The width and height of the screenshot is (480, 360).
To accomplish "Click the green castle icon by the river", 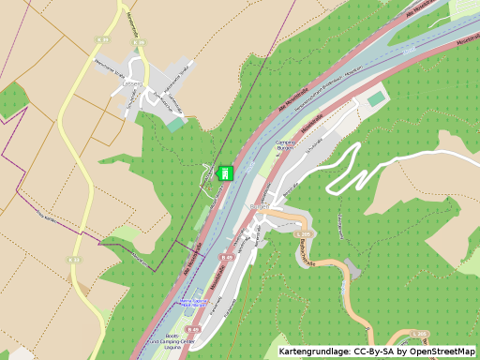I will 225,172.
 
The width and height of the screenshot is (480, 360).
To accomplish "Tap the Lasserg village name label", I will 132,82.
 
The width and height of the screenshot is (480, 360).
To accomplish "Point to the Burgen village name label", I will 260,204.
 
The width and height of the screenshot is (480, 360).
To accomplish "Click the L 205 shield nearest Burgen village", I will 302,234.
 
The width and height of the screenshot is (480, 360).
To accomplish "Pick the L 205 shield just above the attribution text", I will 421,333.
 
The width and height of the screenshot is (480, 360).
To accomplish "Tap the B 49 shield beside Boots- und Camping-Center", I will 192,330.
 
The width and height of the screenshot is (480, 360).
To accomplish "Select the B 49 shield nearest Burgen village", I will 226,256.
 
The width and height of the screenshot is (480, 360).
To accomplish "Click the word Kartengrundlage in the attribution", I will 313,352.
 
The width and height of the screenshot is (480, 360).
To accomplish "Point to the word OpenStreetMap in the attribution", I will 441,352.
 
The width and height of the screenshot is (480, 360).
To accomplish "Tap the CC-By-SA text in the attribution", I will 373,352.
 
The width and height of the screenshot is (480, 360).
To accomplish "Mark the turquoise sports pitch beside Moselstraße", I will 376,97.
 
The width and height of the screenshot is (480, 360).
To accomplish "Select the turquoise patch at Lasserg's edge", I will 175,124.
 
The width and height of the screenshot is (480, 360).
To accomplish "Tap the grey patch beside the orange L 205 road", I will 352,266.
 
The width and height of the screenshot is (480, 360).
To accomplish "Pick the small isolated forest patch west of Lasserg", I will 12,99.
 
